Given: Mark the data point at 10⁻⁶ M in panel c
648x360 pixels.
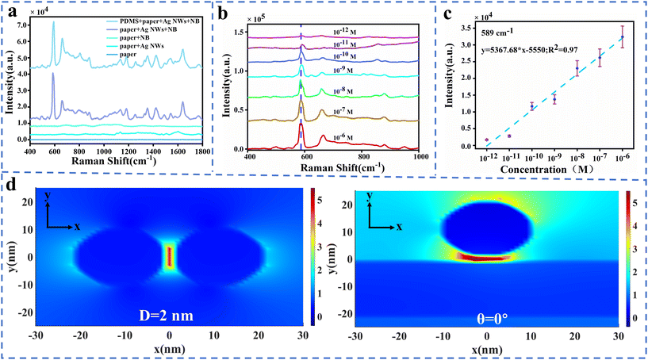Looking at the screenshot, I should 623,37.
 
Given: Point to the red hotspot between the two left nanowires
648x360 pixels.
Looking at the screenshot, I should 168,257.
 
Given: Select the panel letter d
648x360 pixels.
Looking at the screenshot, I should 11,189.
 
